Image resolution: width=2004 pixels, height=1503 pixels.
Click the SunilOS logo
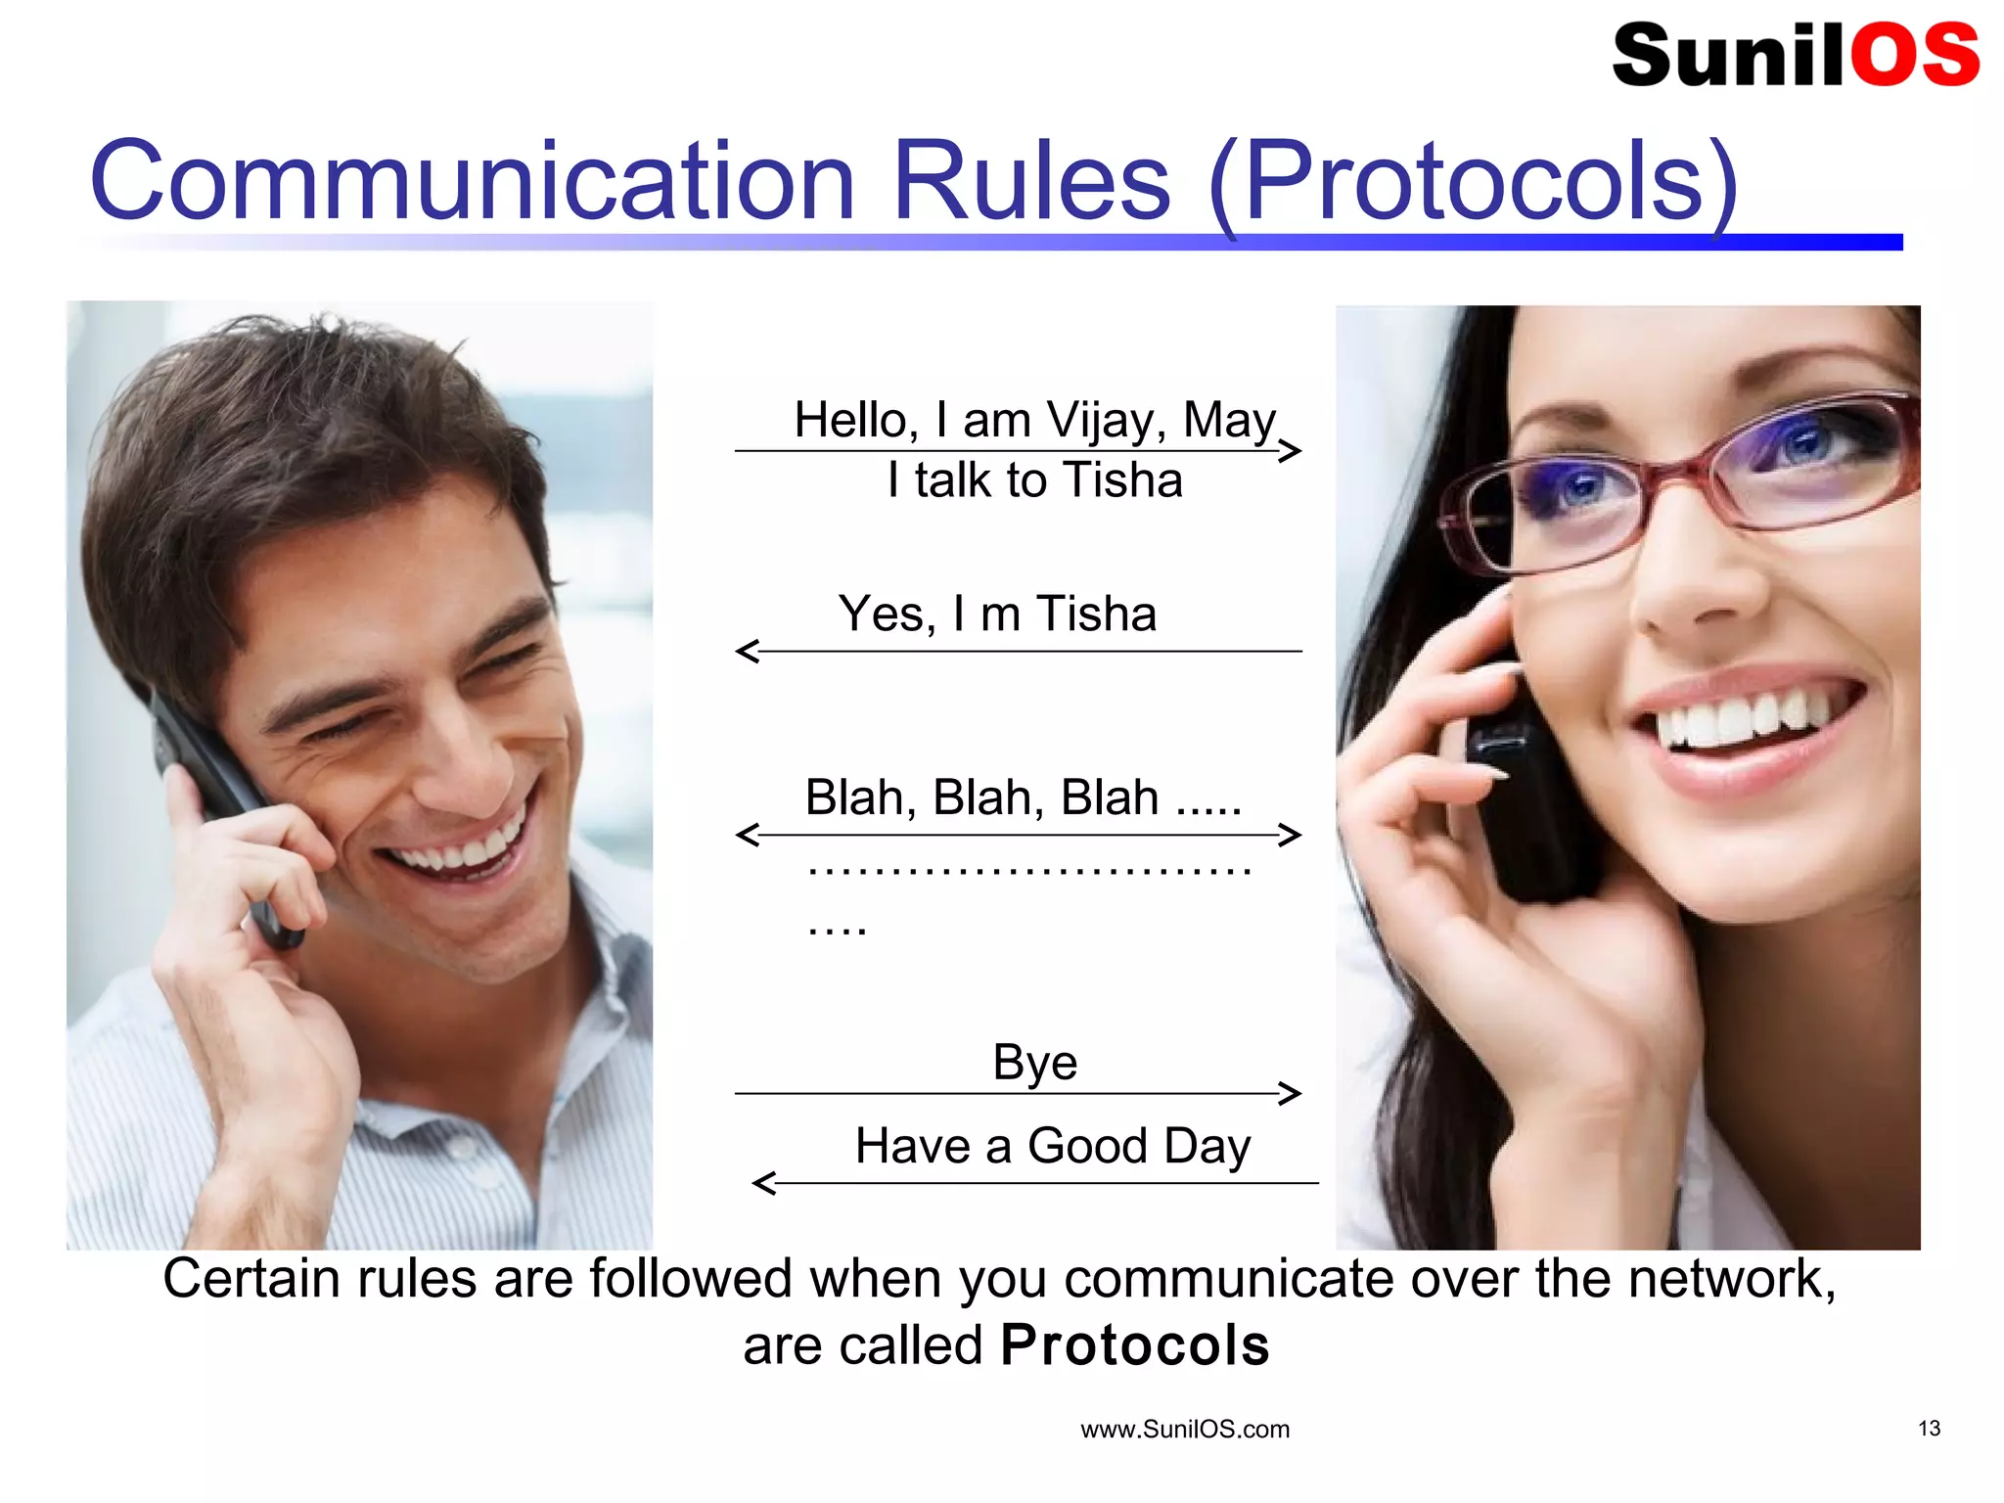pos(1795,55)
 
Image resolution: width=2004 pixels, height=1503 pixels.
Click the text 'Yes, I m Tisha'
pos(997,615)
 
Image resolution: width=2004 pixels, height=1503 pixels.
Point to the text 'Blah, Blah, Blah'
pos(981,797)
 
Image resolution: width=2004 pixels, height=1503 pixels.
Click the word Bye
pos(1034,1062)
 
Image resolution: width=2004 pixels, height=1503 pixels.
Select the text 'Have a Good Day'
pos(1052,1146)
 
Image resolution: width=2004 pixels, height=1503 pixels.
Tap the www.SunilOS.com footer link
pos(1184,1430)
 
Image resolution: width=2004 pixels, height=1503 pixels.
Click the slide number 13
pos(1929,1429)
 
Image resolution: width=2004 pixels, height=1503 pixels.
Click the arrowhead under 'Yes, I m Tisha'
pos(748,651)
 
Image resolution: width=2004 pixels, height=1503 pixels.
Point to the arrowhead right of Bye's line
pos(1291,1093)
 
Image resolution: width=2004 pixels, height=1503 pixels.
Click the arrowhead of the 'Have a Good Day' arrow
pos(764,1183)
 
